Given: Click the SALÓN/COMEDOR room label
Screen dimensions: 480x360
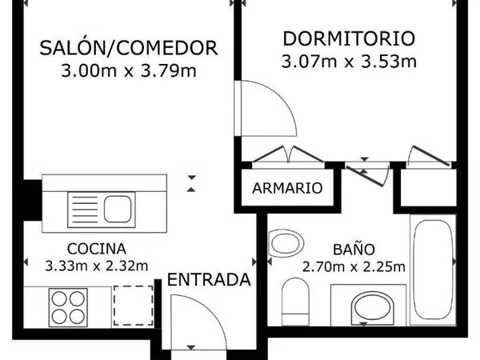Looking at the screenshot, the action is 129,48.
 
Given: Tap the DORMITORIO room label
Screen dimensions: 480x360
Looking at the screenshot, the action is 349,38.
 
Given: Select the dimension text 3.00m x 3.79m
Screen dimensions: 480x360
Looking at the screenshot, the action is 129,71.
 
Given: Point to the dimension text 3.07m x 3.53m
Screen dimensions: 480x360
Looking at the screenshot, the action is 349,62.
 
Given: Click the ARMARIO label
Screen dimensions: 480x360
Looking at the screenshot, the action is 287,188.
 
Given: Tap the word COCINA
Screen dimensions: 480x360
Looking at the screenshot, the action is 97,249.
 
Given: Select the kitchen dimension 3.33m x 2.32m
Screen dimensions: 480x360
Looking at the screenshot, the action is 97,266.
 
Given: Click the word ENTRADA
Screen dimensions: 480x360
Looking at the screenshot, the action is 209,280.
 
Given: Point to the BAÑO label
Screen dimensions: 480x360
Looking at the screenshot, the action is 354,249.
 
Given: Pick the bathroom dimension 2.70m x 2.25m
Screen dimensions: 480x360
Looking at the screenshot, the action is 354,267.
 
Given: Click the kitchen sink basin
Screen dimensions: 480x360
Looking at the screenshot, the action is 118,210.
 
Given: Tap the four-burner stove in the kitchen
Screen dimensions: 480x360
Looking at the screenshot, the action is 68,307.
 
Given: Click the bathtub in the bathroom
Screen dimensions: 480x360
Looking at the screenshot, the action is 433,270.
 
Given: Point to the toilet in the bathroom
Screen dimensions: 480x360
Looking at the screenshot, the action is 295,302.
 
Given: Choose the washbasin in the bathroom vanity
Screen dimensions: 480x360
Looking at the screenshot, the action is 372,308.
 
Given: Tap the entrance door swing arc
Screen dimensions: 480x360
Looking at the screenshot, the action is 214,312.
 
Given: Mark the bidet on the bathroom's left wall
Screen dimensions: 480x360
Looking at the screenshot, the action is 286,243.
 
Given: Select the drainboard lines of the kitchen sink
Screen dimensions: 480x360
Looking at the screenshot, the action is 85,210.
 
